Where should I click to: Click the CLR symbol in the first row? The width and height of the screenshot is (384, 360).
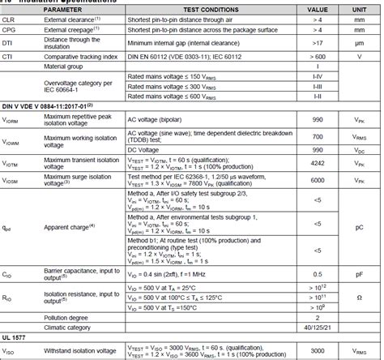[x=9, y=19]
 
